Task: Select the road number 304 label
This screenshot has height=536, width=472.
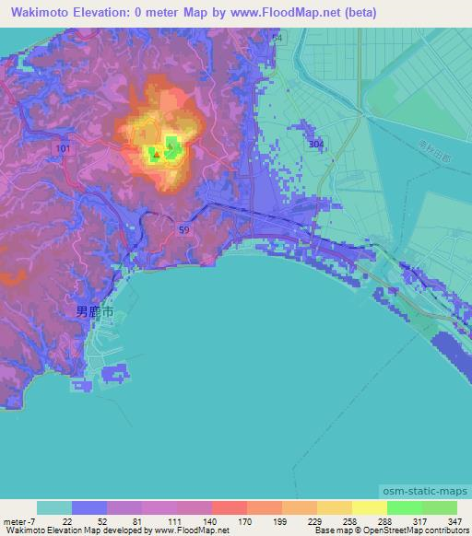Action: [316, 145]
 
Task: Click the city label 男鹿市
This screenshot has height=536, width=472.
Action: [96, 313]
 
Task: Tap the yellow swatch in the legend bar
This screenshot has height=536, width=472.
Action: [369, 507]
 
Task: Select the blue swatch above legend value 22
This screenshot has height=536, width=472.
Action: [88, 507]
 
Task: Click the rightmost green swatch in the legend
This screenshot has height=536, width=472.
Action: [440, 507]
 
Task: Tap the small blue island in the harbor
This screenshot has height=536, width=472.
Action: [115, 372]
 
